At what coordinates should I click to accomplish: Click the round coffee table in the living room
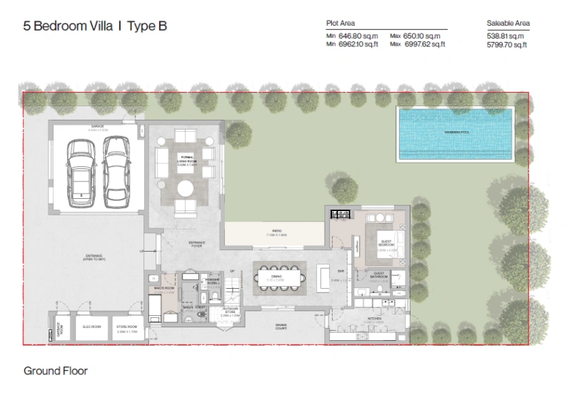point(185,189)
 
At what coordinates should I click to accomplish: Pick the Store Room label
point(126,327)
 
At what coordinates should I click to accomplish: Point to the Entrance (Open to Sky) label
point(95,257)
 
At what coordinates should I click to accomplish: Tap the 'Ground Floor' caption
point(55,371)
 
